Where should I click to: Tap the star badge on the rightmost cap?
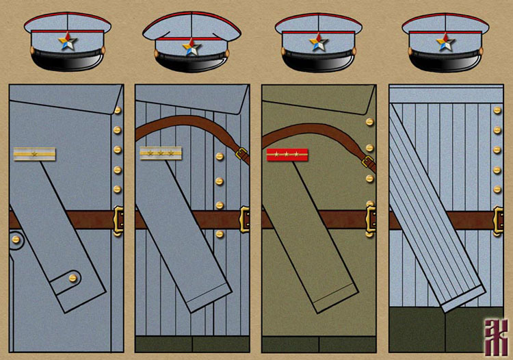[x=446, y=42]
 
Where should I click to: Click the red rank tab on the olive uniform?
[x=287, y=155]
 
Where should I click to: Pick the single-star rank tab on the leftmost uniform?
[x=34, y=155]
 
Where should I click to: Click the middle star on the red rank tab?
[x=287, y=155]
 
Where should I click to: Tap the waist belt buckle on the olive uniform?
[x=371, y=220]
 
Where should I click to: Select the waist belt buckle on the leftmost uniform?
[x=118, y=220]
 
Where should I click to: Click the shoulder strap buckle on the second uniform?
[x=241, y=150]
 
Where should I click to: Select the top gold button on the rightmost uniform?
[x=497, y=110]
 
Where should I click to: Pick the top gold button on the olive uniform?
[x=370, y=122]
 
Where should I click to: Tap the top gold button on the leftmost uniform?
[x=118, y=110]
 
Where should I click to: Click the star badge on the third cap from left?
[x=319, y=42]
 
